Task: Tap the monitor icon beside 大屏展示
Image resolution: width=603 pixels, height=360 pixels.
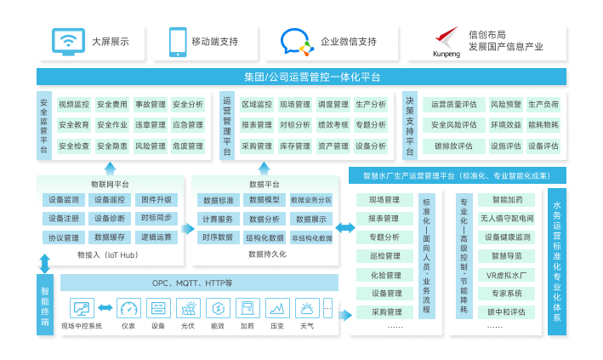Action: point(67,41)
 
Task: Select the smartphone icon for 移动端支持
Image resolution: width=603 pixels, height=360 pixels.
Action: point(177,41)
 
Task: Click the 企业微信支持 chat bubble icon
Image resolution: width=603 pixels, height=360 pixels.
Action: point(297,41)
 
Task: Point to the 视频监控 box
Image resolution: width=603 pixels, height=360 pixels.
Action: point(74,105)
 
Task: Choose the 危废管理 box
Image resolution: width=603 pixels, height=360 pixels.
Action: point(187,146)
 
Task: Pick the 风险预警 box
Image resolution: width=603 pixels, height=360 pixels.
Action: point(505,105)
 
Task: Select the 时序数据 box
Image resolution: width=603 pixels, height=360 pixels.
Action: point(218,237)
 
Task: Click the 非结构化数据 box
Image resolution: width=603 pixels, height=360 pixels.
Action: point(311,237)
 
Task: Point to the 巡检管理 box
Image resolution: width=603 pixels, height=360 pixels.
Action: point(384,255)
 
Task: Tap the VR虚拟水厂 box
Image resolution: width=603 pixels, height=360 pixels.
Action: point(507,274)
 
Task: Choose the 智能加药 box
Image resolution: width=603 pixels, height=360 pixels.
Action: point(507,200)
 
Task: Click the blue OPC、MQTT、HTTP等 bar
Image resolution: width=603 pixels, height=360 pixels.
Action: point(192,283)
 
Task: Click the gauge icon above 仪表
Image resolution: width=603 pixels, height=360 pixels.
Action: point(128,308)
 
